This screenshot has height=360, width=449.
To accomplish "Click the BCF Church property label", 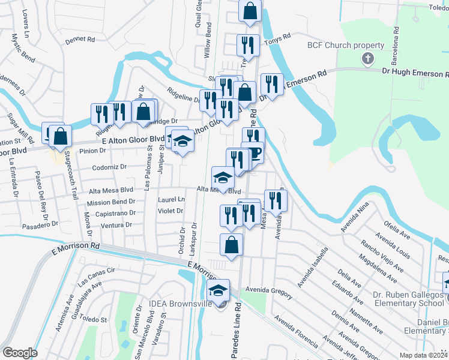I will point(345,46).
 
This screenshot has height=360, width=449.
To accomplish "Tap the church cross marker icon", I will point(367,59).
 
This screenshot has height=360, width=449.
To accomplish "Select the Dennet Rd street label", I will point(81,40).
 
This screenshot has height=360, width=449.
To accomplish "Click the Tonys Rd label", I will point(278,37).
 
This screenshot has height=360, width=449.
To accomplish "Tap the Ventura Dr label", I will point(116,224).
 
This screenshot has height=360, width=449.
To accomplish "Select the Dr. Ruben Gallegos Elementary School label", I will point(403,299).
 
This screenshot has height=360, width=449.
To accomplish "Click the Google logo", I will point(20,352).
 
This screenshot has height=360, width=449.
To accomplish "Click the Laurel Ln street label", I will point(172,199).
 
